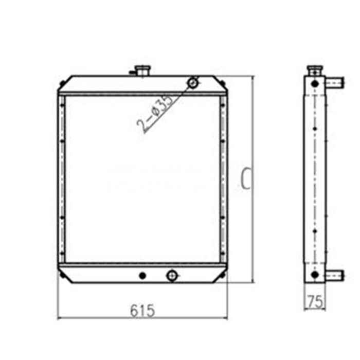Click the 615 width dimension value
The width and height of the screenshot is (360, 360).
142,310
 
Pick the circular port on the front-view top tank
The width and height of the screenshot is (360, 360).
193,82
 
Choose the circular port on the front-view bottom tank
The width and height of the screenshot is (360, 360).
172,276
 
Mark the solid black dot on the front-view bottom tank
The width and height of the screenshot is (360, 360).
142,276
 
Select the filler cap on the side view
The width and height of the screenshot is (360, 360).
314,69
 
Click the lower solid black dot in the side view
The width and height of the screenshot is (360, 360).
314,275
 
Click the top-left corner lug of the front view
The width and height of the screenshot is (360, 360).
62,82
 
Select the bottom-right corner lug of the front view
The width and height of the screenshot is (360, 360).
222,277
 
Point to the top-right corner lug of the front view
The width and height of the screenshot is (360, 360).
222,82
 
